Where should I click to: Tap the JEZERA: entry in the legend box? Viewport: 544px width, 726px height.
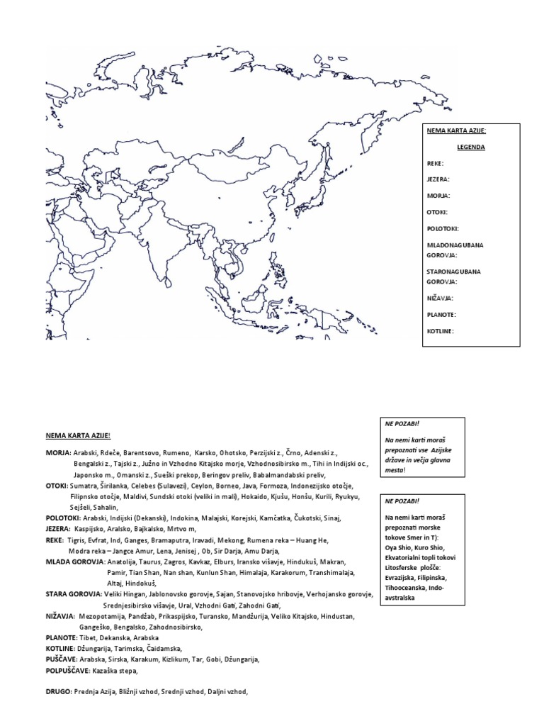[438, 179]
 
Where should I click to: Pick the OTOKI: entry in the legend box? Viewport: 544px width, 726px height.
[438, 212]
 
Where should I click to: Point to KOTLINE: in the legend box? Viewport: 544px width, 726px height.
[441, 330]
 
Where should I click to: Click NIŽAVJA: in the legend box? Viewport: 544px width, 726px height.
[440, 298]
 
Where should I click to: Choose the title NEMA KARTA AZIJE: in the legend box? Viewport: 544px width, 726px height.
[456, 130]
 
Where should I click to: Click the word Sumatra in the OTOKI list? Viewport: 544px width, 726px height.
[84, 486]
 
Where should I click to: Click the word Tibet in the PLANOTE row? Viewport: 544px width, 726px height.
[89, 637]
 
